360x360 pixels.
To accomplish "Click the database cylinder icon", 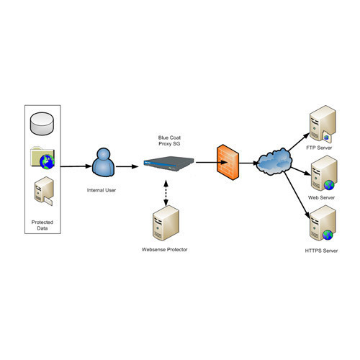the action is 42,124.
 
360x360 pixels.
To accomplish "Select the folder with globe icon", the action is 42,158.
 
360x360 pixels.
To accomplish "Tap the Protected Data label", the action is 42,225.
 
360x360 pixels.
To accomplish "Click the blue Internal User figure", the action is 104,162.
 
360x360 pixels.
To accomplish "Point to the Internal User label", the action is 102,190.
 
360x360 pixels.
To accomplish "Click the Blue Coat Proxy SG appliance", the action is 168,163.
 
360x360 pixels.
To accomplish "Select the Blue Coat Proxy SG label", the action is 169,140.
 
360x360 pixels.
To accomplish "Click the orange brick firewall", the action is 228,162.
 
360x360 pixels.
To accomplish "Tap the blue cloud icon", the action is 274,161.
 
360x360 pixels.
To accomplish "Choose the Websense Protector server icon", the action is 166,223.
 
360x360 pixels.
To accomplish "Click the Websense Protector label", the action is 164,250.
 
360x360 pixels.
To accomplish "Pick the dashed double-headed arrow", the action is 166,193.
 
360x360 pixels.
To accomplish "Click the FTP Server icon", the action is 323,124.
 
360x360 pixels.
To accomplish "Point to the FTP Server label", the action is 319,148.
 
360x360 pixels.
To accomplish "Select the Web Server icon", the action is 324,174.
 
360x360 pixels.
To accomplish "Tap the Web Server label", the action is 321,198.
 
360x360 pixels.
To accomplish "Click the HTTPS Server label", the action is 321,251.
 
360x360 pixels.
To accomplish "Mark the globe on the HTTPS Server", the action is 328,235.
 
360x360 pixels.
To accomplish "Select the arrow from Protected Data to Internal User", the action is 76,166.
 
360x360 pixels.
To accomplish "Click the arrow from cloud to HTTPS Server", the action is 297,195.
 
